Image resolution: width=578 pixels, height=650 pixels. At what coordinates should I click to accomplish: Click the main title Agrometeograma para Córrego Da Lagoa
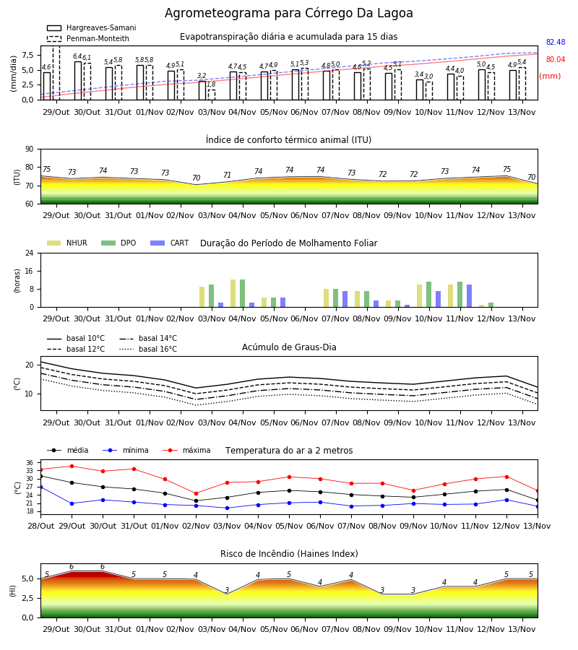(288, 13)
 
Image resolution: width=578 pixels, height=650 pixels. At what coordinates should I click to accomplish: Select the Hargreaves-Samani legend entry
(91, 27)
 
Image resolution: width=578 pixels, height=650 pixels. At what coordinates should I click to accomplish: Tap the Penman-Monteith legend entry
(88, 38)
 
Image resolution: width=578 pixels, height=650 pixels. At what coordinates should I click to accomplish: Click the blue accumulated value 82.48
(556, 42)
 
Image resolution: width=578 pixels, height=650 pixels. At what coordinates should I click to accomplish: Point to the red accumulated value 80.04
(556, 59)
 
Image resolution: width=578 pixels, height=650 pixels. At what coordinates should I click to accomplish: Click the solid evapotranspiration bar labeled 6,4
(78, 80)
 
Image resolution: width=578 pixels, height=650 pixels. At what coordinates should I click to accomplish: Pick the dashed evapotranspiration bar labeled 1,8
(212, 95)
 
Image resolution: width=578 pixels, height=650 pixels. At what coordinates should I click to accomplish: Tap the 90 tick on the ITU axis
(30, 149)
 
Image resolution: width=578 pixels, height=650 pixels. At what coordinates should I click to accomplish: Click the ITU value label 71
(227, 175)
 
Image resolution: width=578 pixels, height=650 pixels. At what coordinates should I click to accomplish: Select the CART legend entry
(170, 243)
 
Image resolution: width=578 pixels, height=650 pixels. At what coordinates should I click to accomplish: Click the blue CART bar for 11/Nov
(470, 296)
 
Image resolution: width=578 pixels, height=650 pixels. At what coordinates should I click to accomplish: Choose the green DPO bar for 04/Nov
(242, 293)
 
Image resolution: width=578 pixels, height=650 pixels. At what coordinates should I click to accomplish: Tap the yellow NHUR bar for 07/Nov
(327, 298)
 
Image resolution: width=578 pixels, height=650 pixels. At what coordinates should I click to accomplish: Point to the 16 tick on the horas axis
(30, 271)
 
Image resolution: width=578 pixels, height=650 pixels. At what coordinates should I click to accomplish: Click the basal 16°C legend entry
(148, 349)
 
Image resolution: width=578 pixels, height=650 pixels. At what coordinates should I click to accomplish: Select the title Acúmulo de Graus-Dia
(289, 347)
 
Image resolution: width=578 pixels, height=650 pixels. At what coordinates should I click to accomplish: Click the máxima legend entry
(186, 450)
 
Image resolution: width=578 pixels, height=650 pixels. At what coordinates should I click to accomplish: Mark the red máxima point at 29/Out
(72, 466)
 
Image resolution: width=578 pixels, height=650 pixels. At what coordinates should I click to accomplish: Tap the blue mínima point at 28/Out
(40, 487)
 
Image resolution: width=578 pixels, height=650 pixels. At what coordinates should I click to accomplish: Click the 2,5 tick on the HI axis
(27, 598)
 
